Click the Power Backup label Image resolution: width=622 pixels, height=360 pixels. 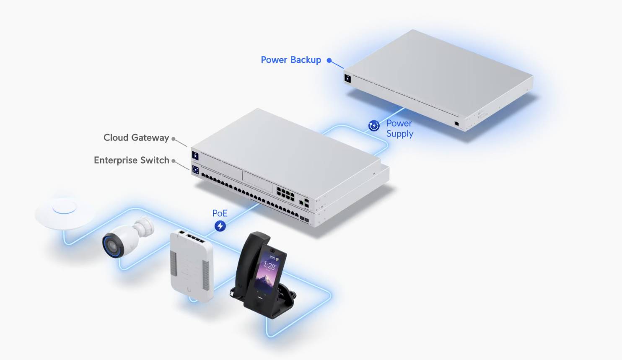290,60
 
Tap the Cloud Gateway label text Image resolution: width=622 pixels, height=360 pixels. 136,138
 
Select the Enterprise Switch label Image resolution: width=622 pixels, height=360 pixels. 131,161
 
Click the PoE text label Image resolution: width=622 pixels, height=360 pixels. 220,213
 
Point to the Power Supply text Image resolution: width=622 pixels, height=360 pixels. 399,129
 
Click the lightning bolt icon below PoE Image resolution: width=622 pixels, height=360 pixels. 220,226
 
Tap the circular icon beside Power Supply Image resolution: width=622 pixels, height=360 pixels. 374,125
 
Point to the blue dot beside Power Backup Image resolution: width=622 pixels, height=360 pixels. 329,60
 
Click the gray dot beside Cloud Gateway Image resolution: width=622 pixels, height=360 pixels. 173,139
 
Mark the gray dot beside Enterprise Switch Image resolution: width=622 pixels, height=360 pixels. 173,161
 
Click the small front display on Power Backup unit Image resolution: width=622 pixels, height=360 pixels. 347,78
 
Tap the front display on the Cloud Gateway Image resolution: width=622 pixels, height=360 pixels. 195,155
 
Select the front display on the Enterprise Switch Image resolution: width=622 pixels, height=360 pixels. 195,170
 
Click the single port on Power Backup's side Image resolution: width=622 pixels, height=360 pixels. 456,124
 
